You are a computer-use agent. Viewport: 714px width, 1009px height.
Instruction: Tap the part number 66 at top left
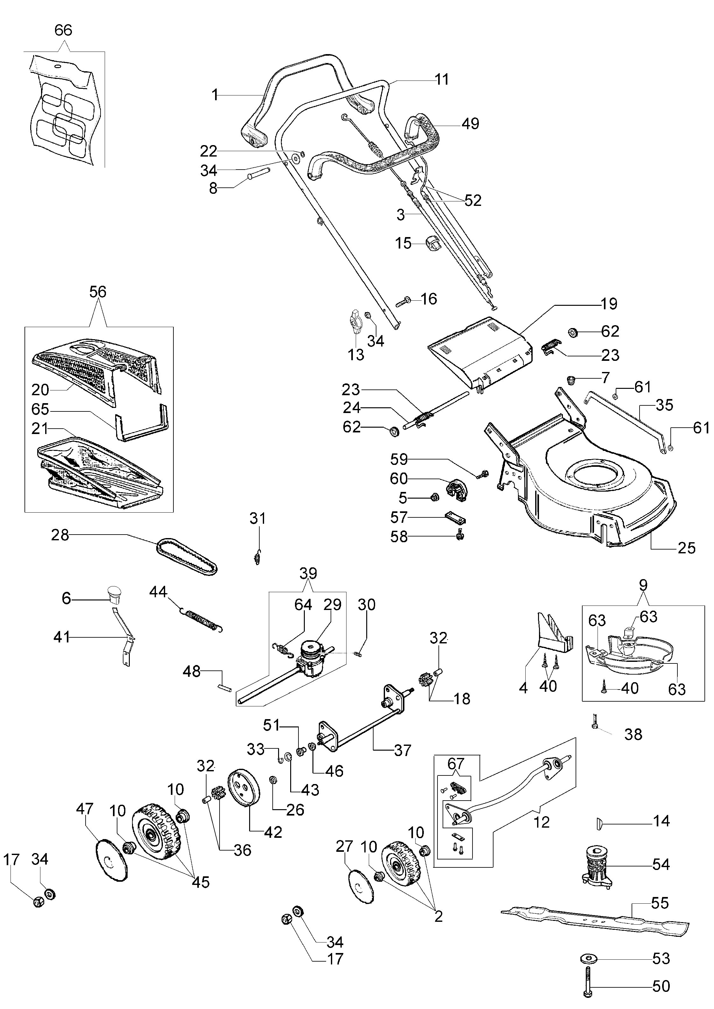[x=63, y=30]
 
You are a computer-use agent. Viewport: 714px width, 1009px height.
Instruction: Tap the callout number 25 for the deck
[x=686, y=548]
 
